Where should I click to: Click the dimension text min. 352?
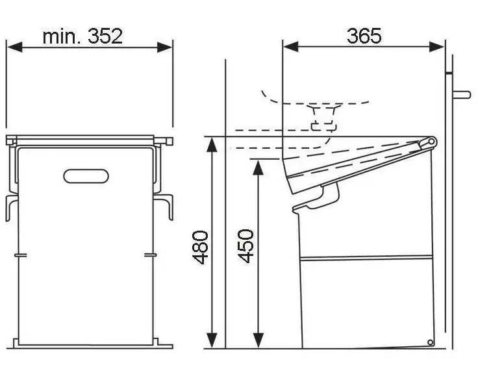click(82, 36)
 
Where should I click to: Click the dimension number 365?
click(364, 36)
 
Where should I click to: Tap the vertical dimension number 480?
click(200, 247)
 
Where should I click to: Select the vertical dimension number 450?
click(245, 246)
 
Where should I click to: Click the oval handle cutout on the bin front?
click(86, 176)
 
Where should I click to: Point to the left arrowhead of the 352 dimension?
click(15, 47)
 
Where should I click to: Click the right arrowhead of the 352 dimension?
click(164, 47)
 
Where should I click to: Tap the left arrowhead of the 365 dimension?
click(291, 47)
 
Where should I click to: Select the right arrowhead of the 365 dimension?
click(436, 47)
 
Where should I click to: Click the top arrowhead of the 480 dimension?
click(212, 144)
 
